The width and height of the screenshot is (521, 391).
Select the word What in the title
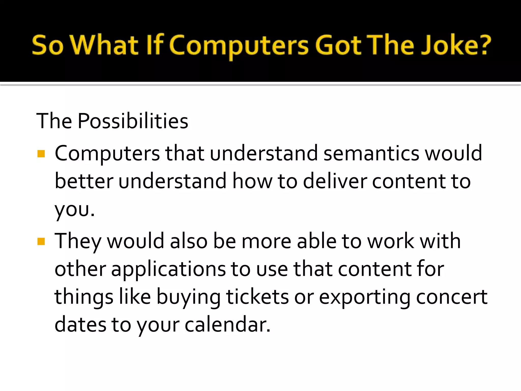pyautogui.click(x=104, y=45)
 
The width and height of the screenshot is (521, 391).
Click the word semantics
pyautogui.click(x=371, y=153)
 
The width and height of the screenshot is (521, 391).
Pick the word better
pyautogui.click(x=84, y=181)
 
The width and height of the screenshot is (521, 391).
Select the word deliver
pyautogui.click(x=335, y=181)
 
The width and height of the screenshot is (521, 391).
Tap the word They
pyautogui.click(x=78, y=241)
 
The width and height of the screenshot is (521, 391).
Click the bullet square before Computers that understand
pyautogui.click(x=41, y=154)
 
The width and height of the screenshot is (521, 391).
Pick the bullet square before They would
pyautogui.click(x=41, y=241)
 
